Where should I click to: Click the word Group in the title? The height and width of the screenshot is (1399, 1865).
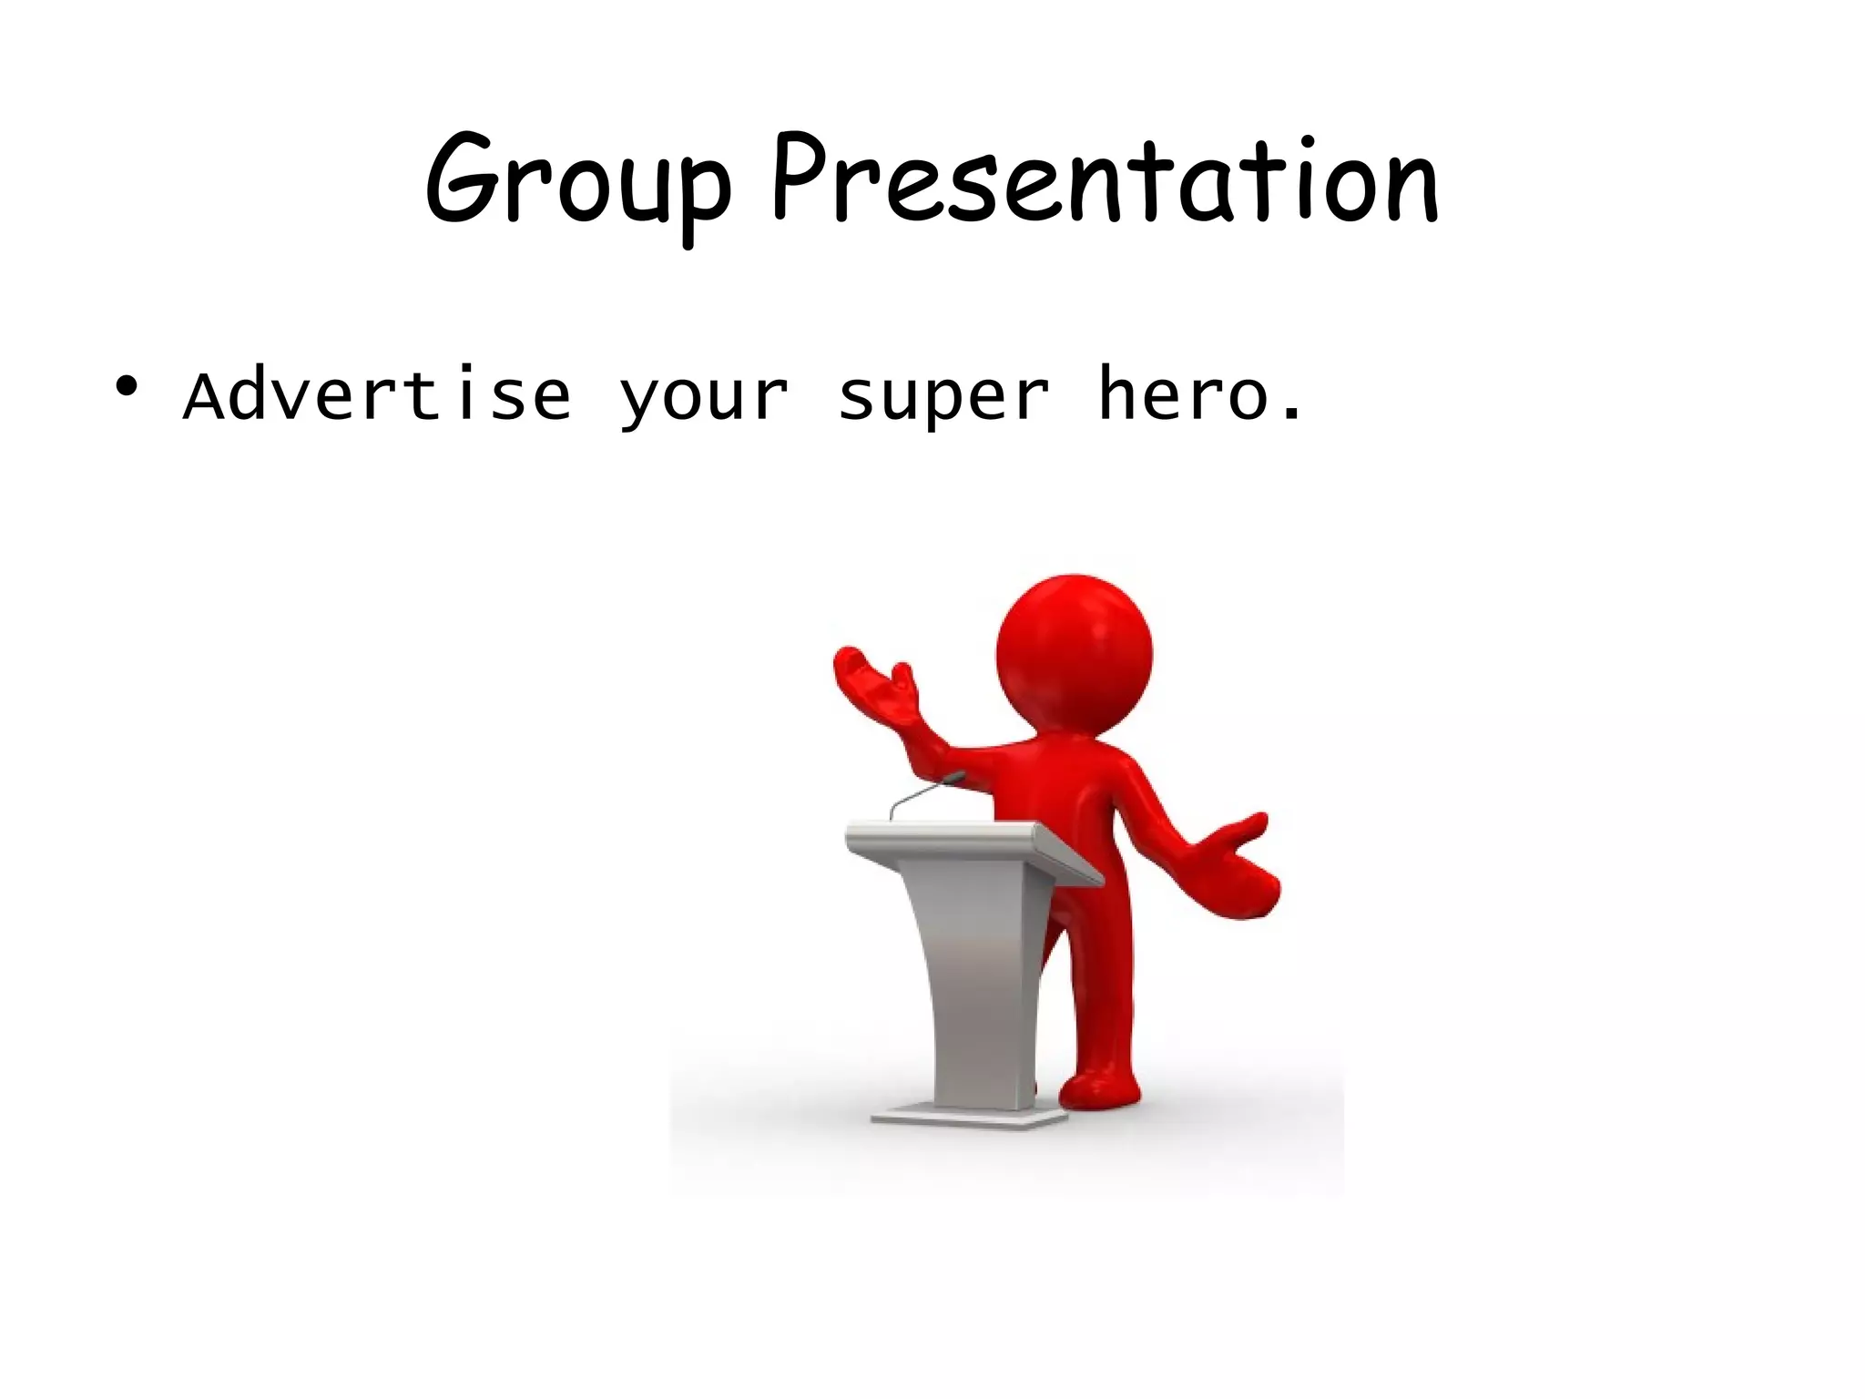577,182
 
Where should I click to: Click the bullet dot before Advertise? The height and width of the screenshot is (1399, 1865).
127,387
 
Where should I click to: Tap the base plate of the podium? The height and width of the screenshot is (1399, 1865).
969,1116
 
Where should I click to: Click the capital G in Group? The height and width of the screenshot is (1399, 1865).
461,182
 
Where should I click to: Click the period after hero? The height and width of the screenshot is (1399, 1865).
1290,417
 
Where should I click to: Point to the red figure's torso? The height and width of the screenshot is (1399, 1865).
1075,802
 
